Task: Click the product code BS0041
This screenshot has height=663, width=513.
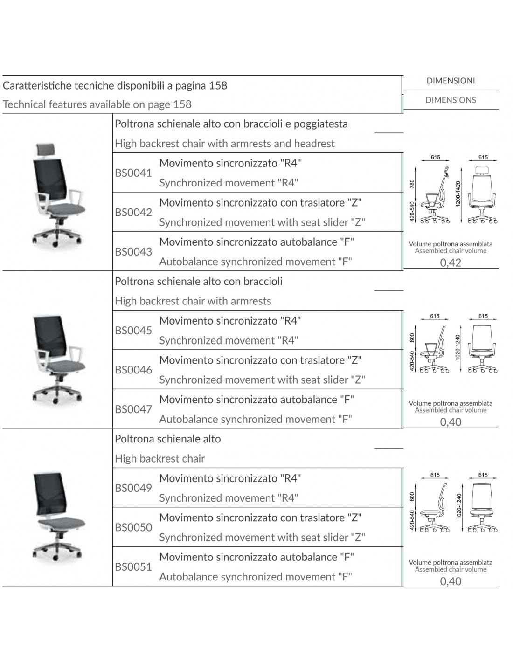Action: pyautogui.click(x=133, y=173)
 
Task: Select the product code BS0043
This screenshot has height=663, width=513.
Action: pyautogui.click(x=133, y=252)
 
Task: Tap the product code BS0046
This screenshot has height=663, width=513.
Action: pyautogui.click(x=133, y=370)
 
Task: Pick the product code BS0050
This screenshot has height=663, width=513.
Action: pyautogui.click(x=133, y=528)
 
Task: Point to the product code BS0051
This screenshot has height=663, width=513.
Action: pyautogui.click(x=133, y=567)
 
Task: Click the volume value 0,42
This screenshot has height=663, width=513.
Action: pyautogui.click(x=451, y=262)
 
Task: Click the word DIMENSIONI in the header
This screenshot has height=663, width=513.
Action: pyautogui.click(x=451, y=81)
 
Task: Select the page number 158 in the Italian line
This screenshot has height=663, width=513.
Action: pyautogui.click(x=218, y=86)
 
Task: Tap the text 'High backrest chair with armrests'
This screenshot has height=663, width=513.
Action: pyautogui.click(x=193, y=301)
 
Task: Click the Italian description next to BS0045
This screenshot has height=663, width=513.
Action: pyautogui.click(x=230, y=321)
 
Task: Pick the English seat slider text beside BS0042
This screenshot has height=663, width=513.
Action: pyautogui.click(x=262, y=222)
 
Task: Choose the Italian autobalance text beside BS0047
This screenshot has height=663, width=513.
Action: pyautogui.click(x=256, y=400)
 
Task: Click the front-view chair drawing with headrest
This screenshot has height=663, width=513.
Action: pyautogui.click(x=483, y=196)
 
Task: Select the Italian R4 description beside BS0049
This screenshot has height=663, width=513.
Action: pyautogui.click(x=230, y=478)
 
